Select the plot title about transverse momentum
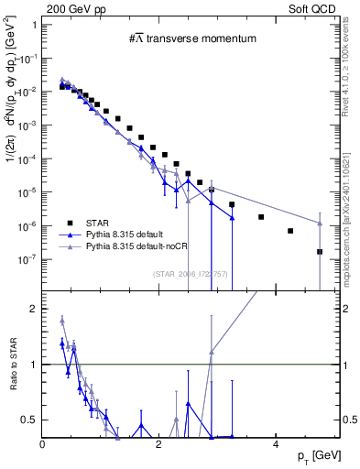pyautogui.click(x=191, y=38)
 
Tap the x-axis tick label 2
pyautogui.click(x=159, y=444)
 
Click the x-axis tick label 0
pyautogui.click(x=43, y=444)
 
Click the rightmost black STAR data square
pyautogui.click(x=320, y=252)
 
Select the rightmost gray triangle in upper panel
pyautogui.click(x=320, y=223)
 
